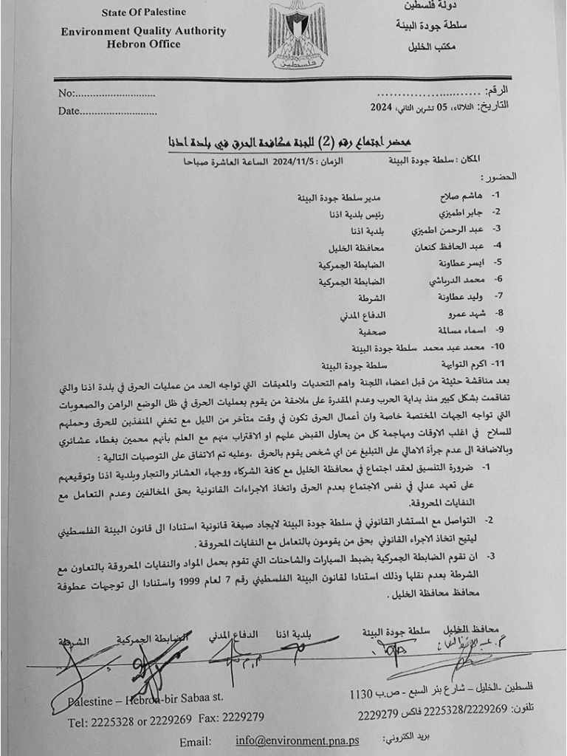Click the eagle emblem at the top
(x=298, y=35)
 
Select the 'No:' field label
(x=66, y=94)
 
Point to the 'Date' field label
(x=69, y=111)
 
